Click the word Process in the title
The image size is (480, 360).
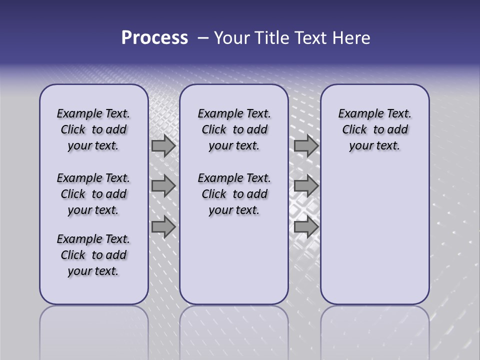click(154, 38)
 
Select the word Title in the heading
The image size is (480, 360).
click(273, 38)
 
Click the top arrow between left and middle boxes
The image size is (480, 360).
click(163, 145)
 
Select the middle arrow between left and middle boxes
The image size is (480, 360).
click(163, 186)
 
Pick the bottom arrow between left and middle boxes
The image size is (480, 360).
click(163, 226)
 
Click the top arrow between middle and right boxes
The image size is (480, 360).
click(306, 145)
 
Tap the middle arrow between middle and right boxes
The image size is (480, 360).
click(306, 186)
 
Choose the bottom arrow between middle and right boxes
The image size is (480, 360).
click(306, 226)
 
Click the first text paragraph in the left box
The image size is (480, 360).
click(93, 129)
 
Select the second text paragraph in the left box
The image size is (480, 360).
click(93, 194)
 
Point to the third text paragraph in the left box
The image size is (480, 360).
click(93, 255)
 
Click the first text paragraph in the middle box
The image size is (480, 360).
click(234, 129)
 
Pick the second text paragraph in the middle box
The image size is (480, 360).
click(234, 194)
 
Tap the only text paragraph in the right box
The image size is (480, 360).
click(375, 129)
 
